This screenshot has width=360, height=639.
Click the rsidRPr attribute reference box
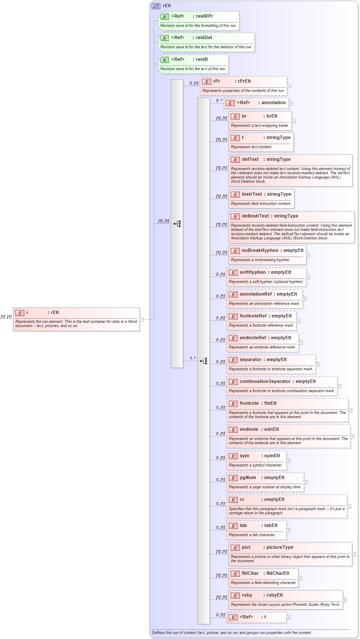pyautogui.click(x=199, y=21)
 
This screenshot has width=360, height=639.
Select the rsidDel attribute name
pyautogui.click(x=204, y=38)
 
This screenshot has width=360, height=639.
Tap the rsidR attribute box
pyautogui.click(x=193, y=64)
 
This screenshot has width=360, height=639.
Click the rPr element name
pyautogui.click(x=217, y=81)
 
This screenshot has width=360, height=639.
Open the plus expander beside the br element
pyautogui.click(x=293, y=121)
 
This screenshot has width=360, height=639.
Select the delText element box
pyautogui.click(x=291, y=170)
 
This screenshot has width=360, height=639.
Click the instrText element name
pyautogui.click(x=252, y=194)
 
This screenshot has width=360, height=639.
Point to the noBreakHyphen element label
pyautogui.click(x=260, y=251)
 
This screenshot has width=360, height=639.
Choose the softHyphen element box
pyautogui.click(x=266, y=277)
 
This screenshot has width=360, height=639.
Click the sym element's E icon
pyautogui.click(x=233, y=456)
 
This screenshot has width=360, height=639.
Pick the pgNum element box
pyautogui.click(x=265, y=482)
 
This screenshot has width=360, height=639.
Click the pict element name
pyautogui.click(x=246, y=547)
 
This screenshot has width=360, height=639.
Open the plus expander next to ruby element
pyautogui.click(x=345, y=600)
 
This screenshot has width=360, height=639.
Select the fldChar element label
pyautogui.click(x=250, y=574)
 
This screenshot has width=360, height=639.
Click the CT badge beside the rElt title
pyautogui.click(x=156, y=6)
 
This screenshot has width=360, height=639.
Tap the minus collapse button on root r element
pyautogui.click(x=142, y=319)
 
